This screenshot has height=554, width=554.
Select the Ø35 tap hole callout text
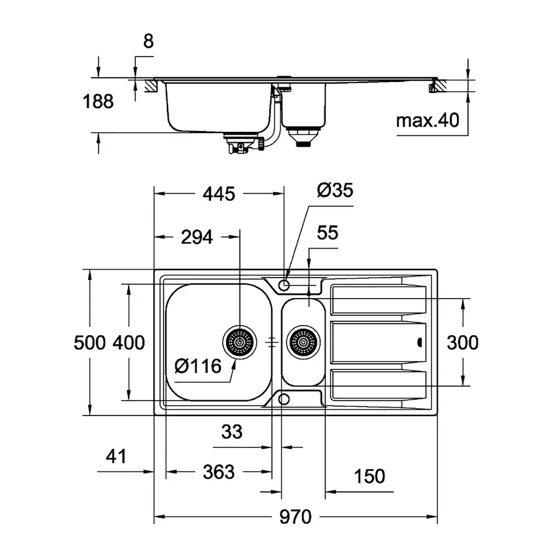[335, 190]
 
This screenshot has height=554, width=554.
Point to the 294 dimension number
[196, 236]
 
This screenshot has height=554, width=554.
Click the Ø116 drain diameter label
[198, 367]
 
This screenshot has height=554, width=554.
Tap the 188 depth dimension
[99, 102]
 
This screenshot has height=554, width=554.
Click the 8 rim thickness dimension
[148, 42]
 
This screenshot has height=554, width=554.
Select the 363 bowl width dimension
[218, 472]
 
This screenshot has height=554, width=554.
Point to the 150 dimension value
[369, 476]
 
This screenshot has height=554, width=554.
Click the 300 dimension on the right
[463, 342]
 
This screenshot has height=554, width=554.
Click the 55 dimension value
[327, 233]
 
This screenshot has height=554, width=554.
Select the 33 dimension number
[231, 432]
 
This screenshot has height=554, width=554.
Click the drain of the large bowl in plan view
[239, 340]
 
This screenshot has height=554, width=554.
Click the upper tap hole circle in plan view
[284, 285]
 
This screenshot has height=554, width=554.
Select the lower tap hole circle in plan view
[284, 399]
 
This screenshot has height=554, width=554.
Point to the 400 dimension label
[129, 342]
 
